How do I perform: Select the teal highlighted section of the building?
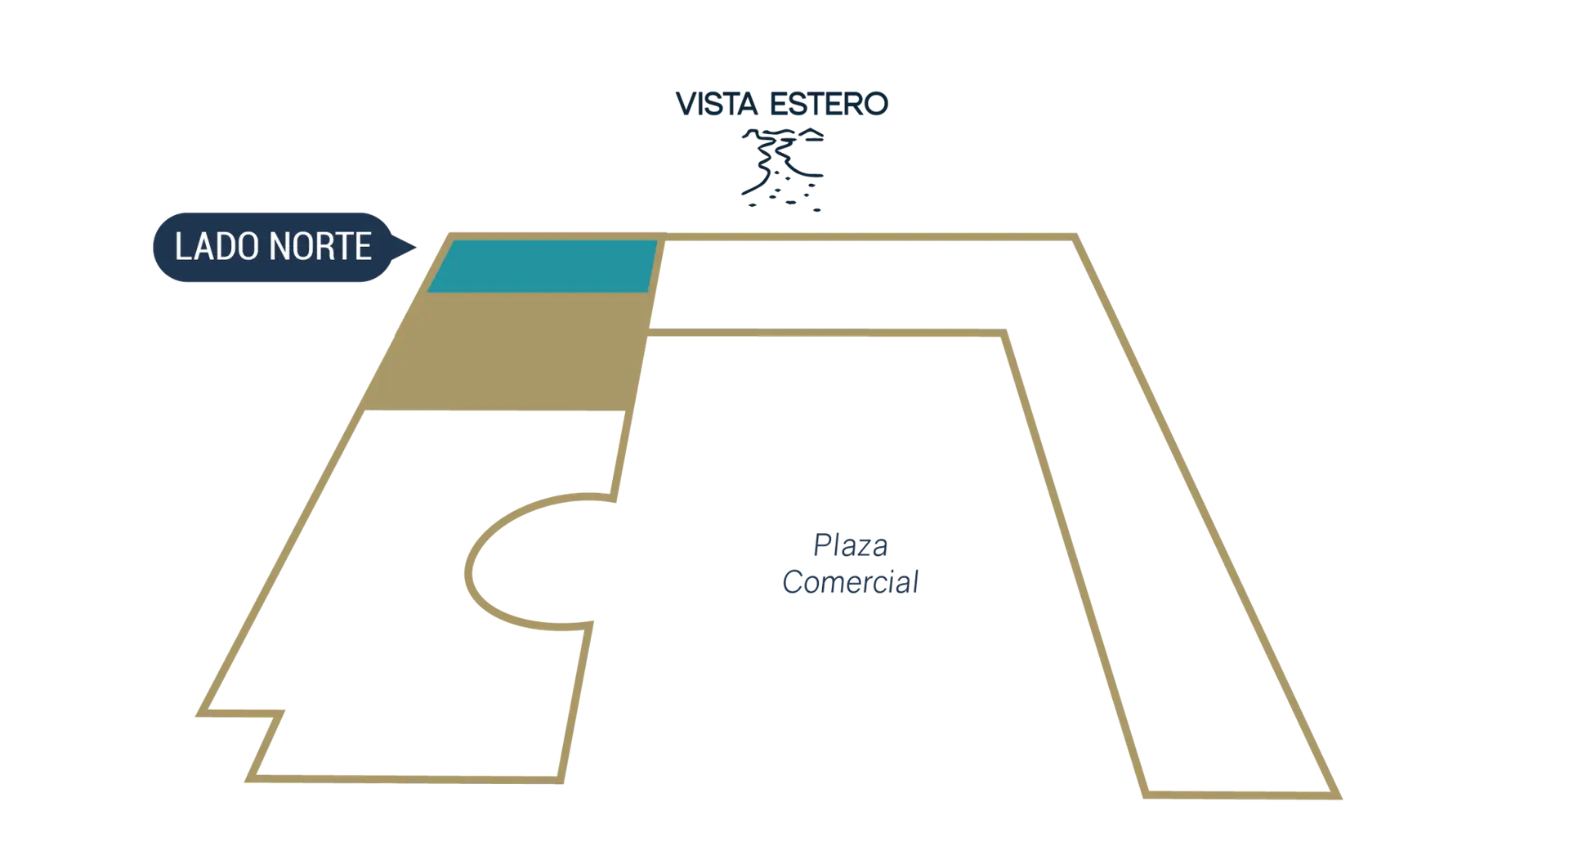click(543, 266)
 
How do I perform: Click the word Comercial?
click(851, 582)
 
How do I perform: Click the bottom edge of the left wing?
click(409, 777)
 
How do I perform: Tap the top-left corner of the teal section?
click(454, 241)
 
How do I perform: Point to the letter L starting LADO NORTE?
click(181, 247)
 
